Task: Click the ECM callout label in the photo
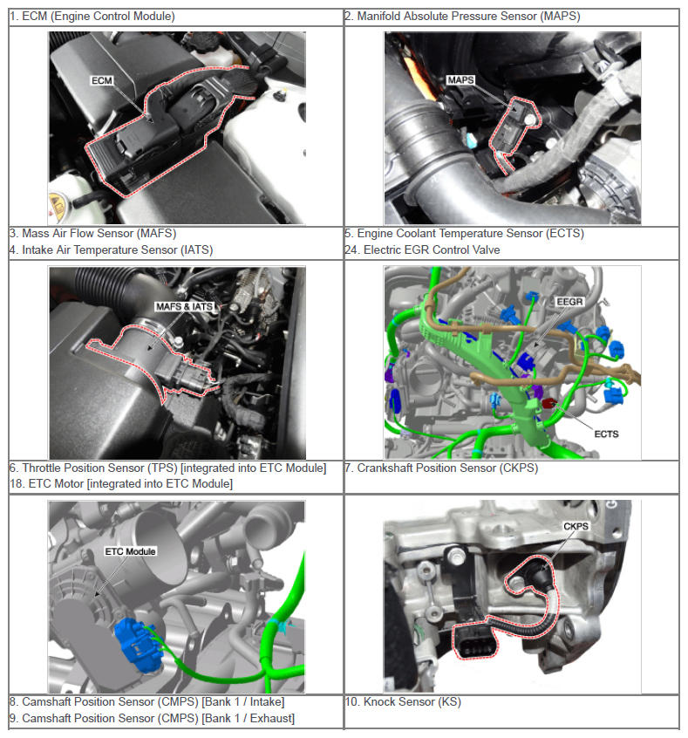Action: (102, 80)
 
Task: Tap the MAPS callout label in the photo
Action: (460, 80)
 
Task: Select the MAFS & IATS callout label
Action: (185, 306)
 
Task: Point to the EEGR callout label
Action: (569, 301)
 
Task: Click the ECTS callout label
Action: (606, 434)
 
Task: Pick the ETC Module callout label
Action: (130, 551)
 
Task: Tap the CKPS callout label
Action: (576, 526)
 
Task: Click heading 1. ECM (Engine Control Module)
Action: (92, 17)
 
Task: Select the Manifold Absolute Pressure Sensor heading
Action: (462, 17)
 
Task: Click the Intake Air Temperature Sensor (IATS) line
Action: (111, 249)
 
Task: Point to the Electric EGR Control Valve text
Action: (422, 249)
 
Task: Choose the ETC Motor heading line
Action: (121, 484)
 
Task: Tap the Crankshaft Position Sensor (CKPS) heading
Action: (441, 468)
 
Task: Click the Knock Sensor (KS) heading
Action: (403, 701)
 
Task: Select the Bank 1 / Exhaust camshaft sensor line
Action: (152, 718)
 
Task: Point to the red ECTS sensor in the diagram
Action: (548, 403)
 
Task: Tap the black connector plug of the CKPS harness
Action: (475, 640)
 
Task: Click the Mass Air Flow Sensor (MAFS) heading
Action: (92, 234)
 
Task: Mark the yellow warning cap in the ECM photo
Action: (58, 205)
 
